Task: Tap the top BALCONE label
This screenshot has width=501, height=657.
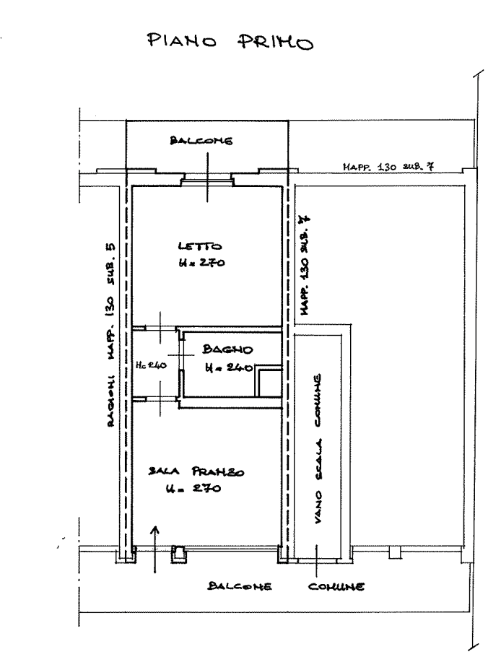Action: pyautogui.click(x=201, y=142)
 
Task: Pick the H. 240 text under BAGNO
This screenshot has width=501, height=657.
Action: pyautogui.click(x=226, y=369)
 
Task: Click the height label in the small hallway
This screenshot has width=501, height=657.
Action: pyautogui.click(x=152, y=366)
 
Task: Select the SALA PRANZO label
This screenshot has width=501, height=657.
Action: pyautogui.click(x=196, y=472)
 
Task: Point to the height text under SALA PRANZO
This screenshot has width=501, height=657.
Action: pyautogui.click(x=192, y=490)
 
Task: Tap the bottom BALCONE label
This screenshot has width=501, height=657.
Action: pyautogui.click(x=239, y=586)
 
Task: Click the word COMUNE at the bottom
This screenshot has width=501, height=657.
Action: pyautogui.click(x=336, y=586)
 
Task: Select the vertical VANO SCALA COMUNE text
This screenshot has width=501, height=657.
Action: pyautogui.click(x=316, y=455)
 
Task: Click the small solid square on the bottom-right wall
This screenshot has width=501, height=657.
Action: pyautogui.click(x=393, y=553)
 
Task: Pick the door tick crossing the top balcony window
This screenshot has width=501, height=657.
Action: pyautogui.click(x=207, y=178)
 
